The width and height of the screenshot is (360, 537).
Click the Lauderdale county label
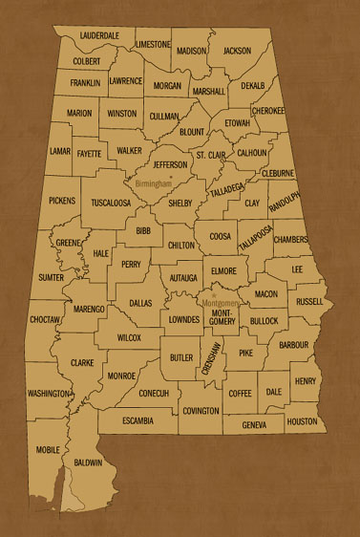pyautogui.click(x=99, y=34)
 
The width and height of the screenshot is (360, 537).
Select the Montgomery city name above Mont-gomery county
pyautogui.click(x=222, y=303)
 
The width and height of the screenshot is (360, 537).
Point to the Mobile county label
pyautogui.click(x=48, y=448)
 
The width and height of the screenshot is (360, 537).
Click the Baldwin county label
pyautogui.click(x=88, y=462)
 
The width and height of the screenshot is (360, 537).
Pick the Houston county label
pyautogui.click(x=302, y=421)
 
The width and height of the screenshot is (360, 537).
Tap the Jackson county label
pyautogui.click(x=238, y=50)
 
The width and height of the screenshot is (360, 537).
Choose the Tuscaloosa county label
pyautogui.click(x=112, y=203)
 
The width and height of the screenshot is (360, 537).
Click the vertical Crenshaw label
pyautogui.click(x=216, y=363)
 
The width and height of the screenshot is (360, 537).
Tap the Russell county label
pyautogui.click(x=308, y=301)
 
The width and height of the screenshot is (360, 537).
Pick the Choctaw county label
pyautogui.click(x=45, y=320)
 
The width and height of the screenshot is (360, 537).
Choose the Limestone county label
pyautogui.click(x=153, y=44)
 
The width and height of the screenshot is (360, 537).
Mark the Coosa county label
pyautogui.click(x=220, y=236)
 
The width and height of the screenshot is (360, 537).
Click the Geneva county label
pyautogui.click(x=254, y=424)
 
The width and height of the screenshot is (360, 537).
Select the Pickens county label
pyautogui.click(x=61, y=201)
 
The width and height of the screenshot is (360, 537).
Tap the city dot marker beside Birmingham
pyautogui.click(x=171, y=177)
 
